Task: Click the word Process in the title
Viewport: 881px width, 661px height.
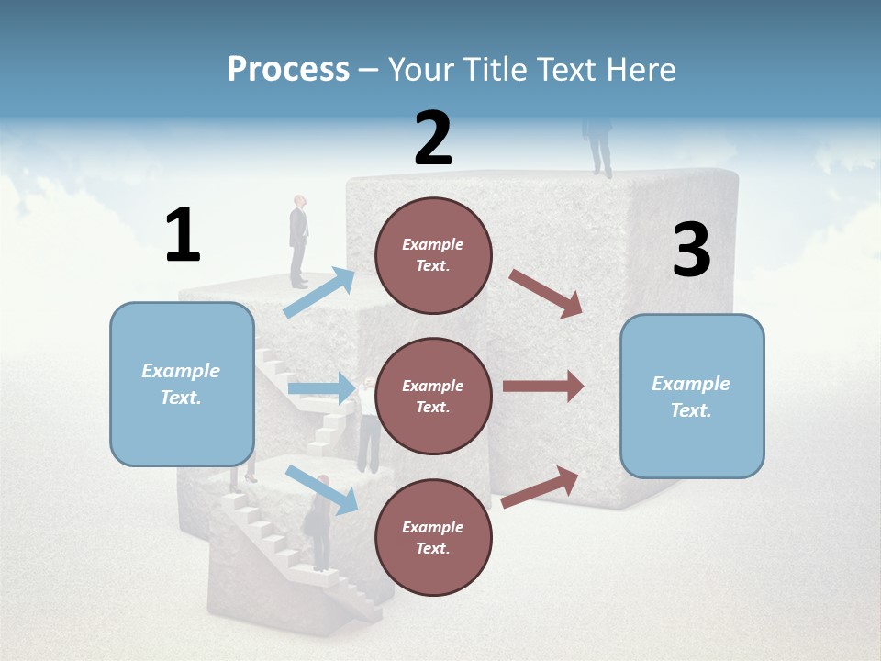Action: tap(288, 69)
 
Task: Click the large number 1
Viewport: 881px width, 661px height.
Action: tap(183, 236)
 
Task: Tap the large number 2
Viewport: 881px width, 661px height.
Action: tap(433, 139)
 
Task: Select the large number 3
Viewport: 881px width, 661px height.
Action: tap(691, 252)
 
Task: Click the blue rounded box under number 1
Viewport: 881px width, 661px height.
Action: tap(182, 384)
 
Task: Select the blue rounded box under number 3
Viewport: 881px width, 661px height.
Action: tap(692, 396)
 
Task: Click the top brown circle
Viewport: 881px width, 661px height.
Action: tap(433, 255)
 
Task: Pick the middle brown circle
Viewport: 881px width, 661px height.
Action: tap(433, 396)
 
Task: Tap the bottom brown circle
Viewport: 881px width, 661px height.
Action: tap(433, 537)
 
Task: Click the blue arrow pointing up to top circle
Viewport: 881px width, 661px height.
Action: tap(319, 292)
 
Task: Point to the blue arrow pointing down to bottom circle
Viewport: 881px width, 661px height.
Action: tap(321, 488)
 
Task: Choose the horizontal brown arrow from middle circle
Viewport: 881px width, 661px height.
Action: tap(542, 387)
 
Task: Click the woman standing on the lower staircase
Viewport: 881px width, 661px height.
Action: tap(319, 523)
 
